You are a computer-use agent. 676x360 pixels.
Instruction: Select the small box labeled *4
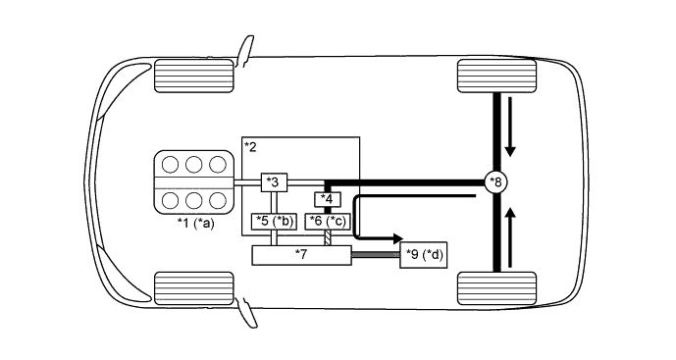click(x=328, y=200)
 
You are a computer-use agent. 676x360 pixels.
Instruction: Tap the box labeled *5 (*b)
click(x=274, y=221)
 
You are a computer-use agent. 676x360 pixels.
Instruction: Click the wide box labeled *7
click(x=302, y=255)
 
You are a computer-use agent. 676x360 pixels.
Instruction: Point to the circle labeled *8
click(x=497, y=181)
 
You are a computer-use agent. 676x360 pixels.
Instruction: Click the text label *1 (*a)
click(x=195, y=225)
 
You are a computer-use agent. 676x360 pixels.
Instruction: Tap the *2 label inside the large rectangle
click(x=251, y=147)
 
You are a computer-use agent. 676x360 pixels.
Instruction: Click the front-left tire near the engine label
click(x=193, y=286)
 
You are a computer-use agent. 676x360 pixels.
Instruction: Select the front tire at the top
click(x=193, y=75)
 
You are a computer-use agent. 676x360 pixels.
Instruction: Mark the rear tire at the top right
click(x=496, y=76)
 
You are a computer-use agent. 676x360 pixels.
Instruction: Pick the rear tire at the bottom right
click(x=496, y=287)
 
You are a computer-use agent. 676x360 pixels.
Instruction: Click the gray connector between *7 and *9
click(x=375, y=255)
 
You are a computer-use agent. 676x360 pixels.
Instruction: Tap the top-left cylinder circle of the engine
click(x=170, y=165)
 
